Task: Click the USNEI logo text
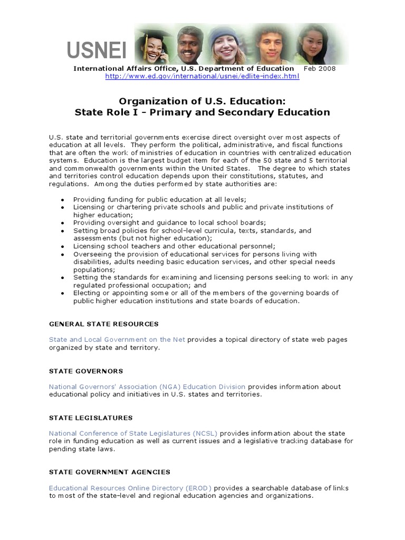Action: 97,51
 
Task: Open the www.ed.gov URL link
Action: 202,76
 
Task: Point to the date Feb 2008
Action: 319,69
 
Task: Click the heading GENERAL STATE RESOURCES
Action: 103,324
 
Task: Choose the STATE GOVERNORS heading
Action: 86,371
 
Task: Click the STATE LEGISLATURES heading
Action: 91,418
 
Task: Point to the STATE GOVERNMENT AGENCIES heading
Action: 110,472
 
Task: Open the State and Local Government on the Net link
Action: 117,340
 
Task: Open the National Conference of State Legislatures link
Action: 133,433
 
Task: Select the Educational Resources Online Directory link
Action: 130,488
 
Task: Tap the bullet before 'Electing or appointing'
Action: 63,293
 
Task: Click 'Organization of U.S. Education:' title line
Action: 202,101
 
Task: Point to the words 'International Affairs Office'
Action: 126,69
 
